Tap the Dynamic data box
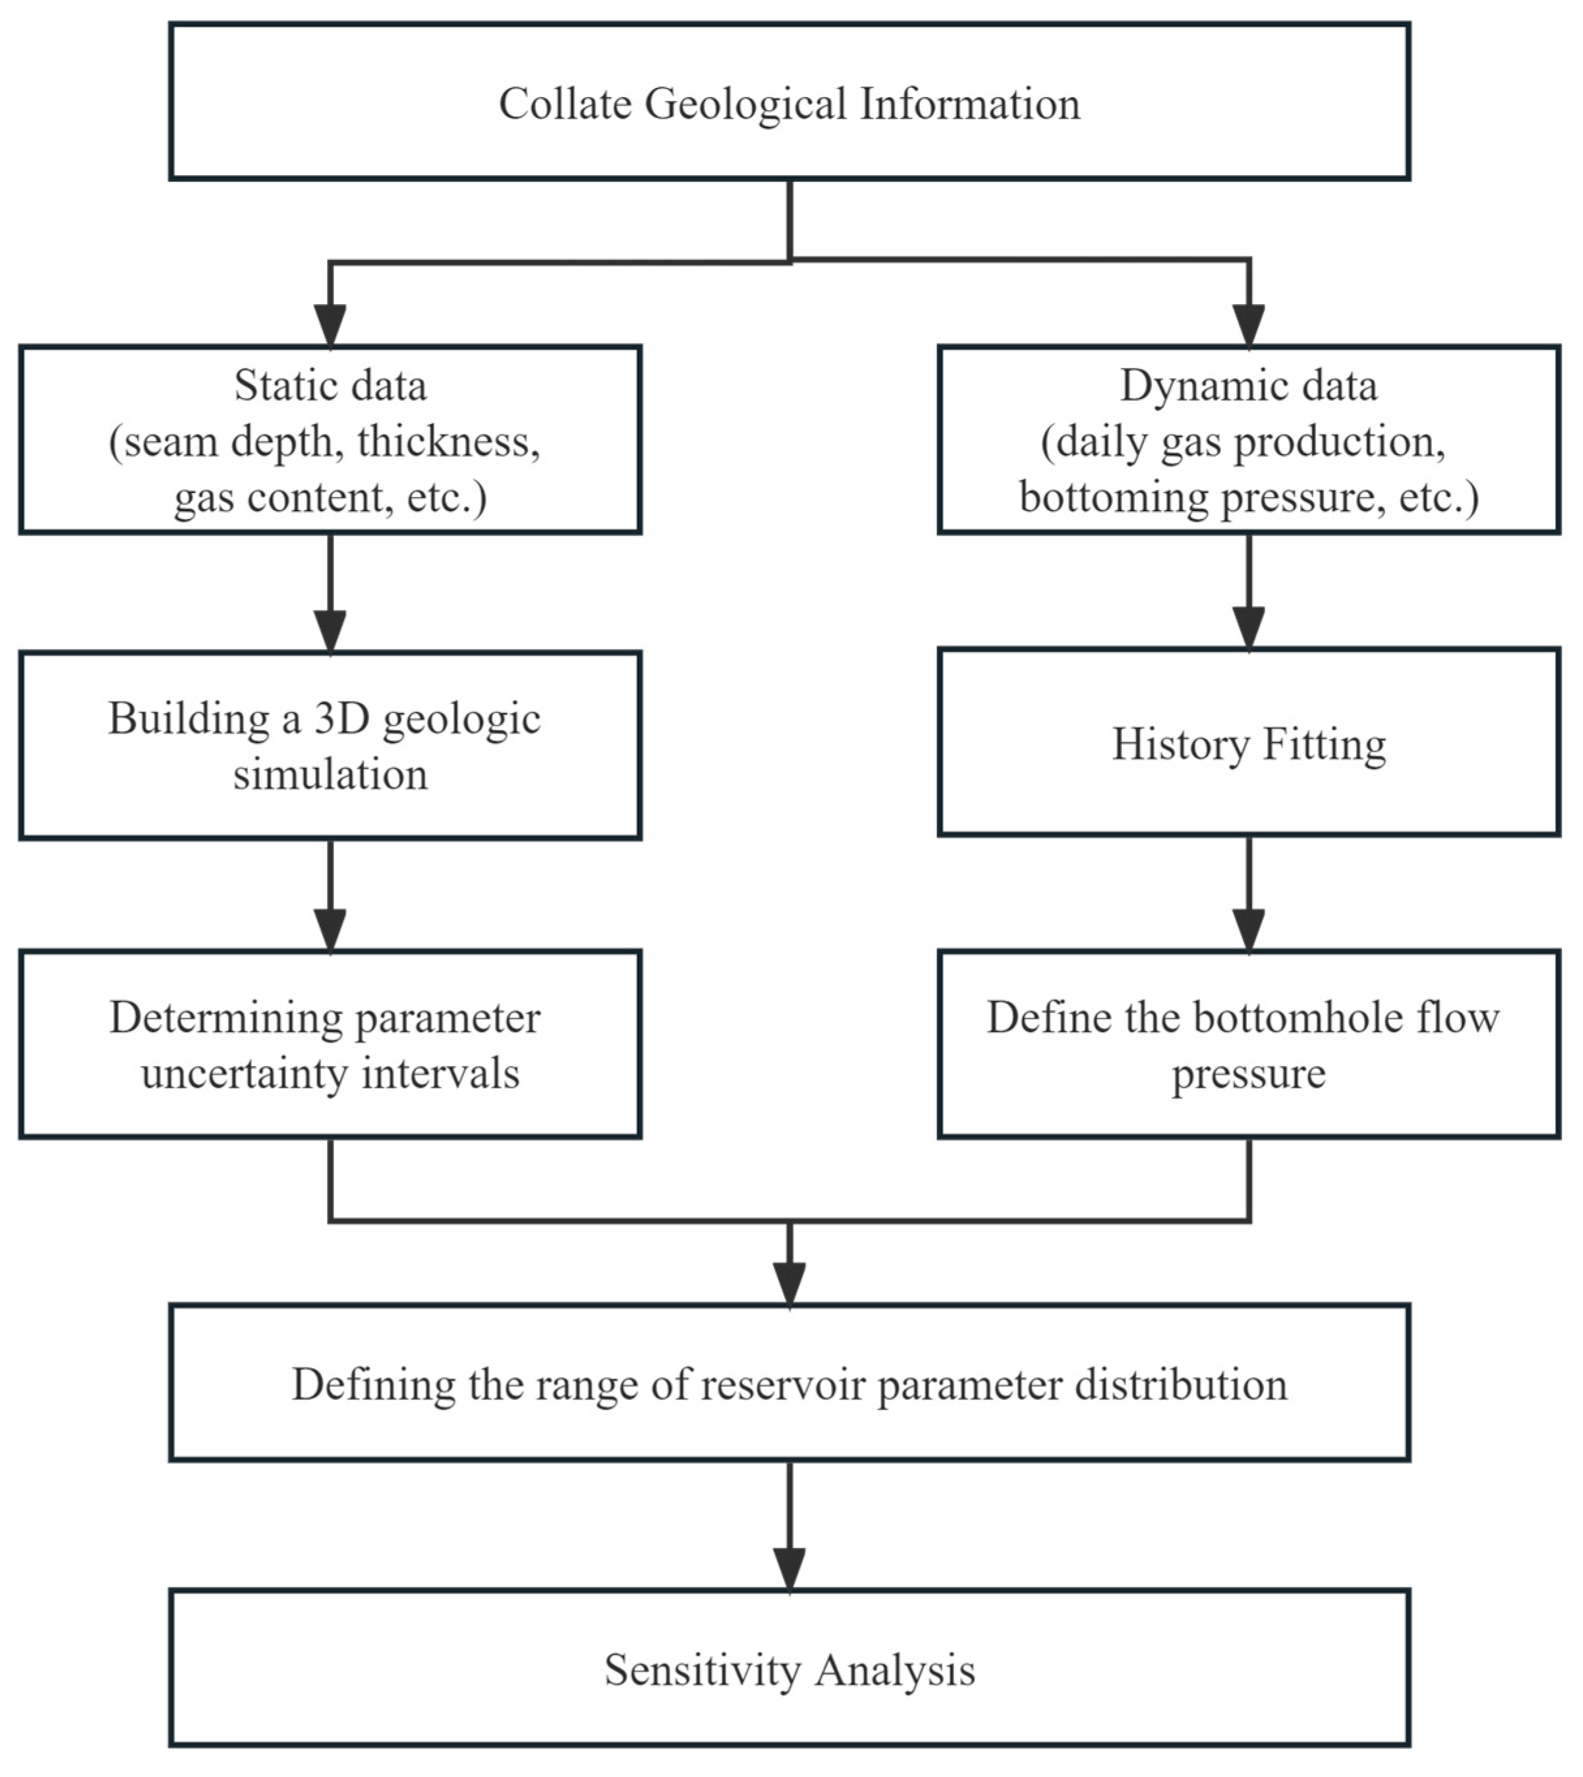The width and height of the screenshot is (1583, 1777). pos(1248,440)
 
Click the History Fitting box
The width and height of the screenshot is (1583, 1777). pos(1248,744)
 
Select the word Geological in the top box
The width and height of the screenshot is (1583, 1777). pos(744,104)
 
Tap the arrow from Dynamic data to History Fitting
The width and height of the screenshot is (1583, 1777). pos(1248,591)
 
